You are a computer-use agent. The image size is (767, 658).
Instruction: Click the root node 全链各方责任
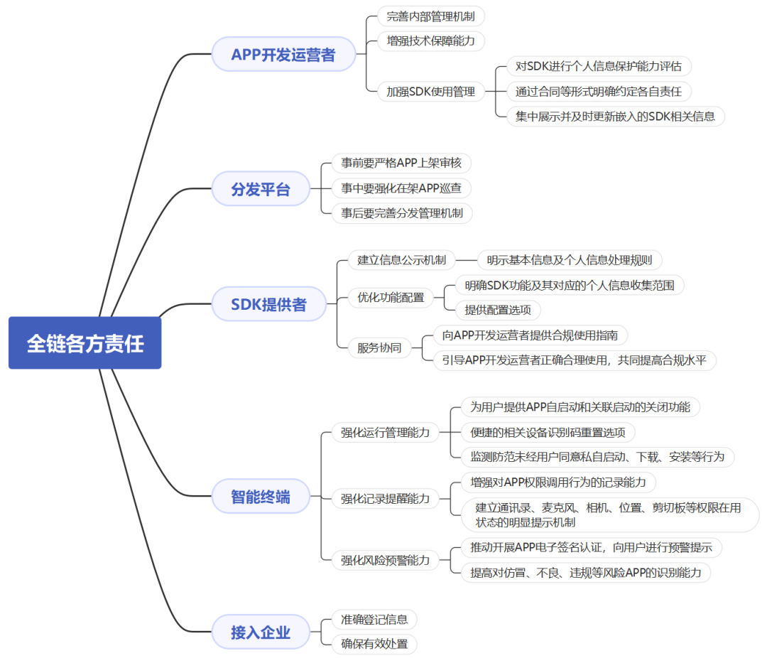pyautogui.click(x=85, y=343)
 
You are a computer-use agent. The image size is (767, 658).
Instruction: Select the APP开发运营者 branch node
pyautogui.click(x=283, y=54)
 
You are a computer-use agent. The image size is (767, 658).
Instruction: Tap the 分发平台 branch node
pyautogui.click(x=261, y=188)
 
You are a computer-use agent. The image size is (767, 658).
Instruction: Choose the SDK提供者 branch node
pyautogui.click(x=268, y=304)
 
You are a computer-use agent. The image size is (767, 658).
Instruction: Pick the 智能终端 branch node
pyautogui.click(x=261, y=497)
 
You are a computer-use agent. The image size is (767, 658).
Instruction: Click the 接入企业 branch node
pyautogui.click(x=261, y=632)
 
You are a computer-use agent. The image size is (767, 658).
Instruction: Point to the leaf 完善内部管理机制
pyautogui.click(x=430, y=16)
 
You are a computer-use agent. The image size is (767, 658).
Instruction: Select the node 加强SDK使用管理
pyautogui.click(x=430, y=92)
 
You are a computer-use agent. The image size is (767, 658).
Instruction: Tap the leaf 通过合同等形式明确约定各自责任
pyautogui.click(x=599, y=92)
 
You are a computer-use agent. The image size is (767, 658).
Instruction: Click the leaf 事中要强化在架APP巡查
pyautogui.click(x=401, y=188)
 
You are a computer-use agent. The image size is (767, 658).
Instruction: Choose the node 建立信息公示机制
pyautogui.click(x=401, y=260)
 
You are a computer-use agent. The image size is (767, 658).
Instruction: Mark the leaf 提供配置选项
pyautogui.click(x=498, y=310)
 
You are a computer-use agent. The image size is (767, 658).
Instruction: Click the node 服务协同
pyautogui.click(x=379, y=347)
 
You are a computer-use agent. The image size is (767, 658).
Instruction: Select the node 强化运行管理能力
pyautogui.click(x=386, y=432)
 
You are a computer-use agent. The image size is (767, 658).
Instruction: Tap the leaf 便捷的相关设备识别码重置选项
pyautogui.click(x=548, y=432)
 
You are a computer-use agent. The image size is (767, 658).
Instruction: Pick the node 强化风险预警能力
pyautogui.click(x=386, y=560)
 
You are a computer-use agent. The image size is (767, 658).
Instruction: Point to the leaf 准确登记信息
pyautogui.click(x=374, y=620)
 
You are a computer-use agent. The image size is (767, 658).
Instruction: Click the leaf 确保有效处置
pyautogui.click(x=374, y=644)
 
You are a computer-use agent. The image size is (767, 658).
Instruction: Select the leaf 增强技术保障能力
pyautogui.click(x=430, y=41)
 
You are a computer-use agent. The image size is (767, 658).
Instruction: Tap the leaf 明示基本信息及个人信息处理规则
pyautogui.click(x=570, y=260)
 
